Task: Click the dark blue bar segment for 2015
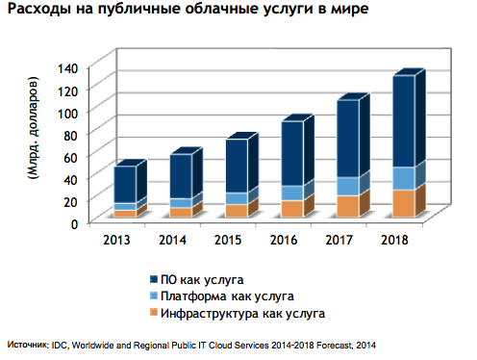[x=237, y=166]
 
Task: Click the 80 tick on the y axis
[x=70, y=135]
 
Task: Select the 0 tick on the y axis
[x=74, y=223]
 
